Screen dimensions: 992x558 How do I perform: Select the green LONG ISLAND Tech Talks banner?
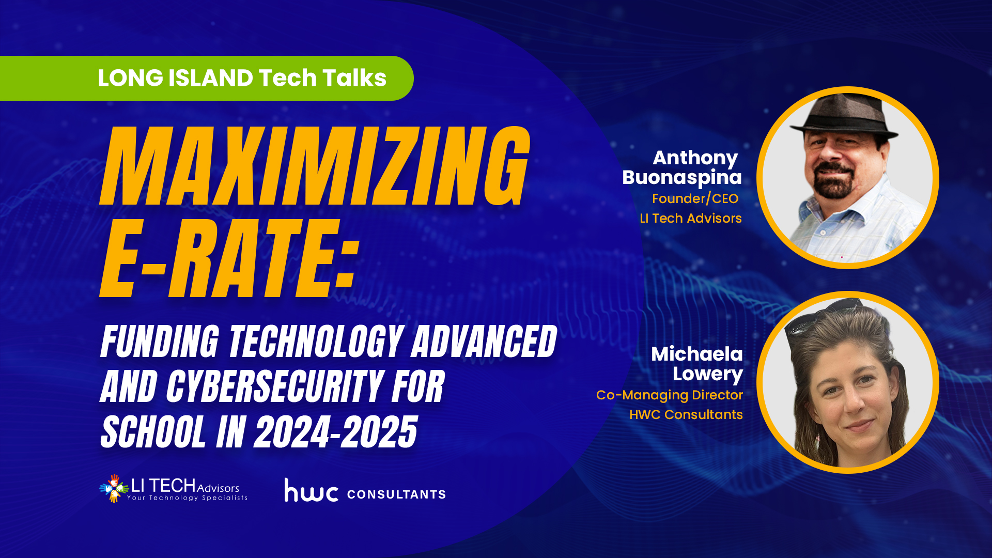pyautogui.click(x=207, y=78)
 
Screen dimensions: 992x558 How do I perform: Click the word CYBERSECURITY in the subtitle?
pyautogui.click(x=274, y=386)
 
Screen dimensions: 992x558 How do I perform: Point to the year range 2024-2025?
pyautogui.click(x=336, y=432)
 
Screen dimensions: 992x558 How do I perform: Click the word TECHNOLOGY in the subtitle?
pyautogui.click(x=316, y=342)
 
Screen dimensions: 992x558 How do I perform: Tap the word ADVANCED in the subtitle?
pyautogui.click(x=484, y=342)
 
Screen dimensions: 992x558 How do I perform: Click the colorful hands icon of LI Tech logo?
pyautogui.click(x=114, y=488)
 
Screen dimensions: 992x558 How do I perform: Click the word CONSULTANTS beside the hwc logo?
pyautogui.click(x=396, y=494)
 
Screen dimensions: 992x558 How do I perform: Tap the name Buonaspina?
pyautogui.click(x=682, y=177)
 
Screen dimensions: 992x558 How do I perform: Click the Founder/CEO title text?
pyautogui.click(x=695, y=198)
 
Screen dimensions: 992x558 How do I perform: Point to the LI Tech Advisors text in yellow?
pyautogui.click(x=691, y=218)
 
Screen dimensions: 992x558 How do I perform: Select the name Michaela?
pyautogui.click(x=697, y=354)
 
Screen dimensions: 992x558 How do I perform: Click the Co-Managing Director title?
pyautogui.click(x=670, y=395)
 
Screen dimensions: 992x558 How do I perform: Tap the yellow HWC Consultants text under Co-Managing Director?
pyautogui.click(x=686, y=414)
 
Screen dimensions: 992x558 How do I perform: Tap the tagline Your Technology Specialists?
pyautogui.click(x=187, y=498)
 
